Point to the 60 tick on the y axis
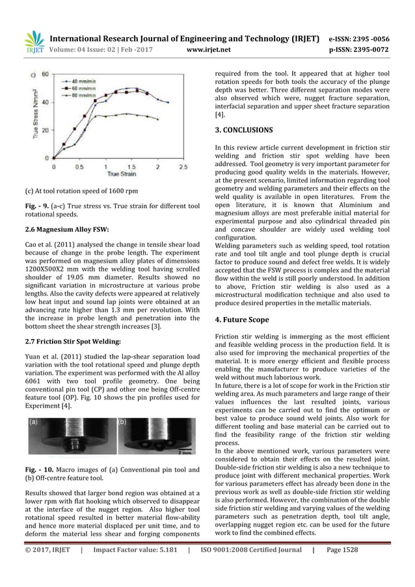(x=46, y=74)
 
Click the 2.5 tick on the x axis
(x=183, y=167)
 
